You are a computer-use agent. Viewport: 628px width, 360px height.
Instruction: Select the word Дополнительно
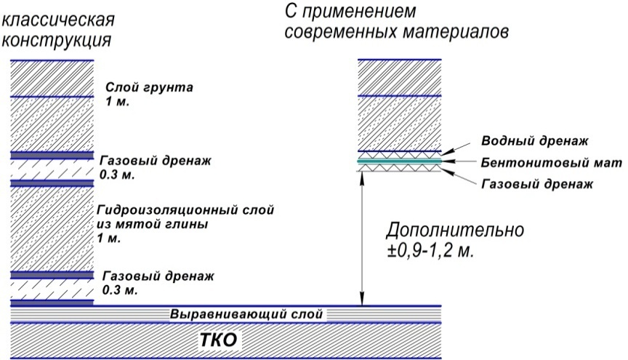(x=454, y=232)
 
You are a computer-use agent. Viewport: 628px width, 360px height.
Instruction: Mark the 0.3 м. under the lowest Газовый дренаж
(x=120, y=290)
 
